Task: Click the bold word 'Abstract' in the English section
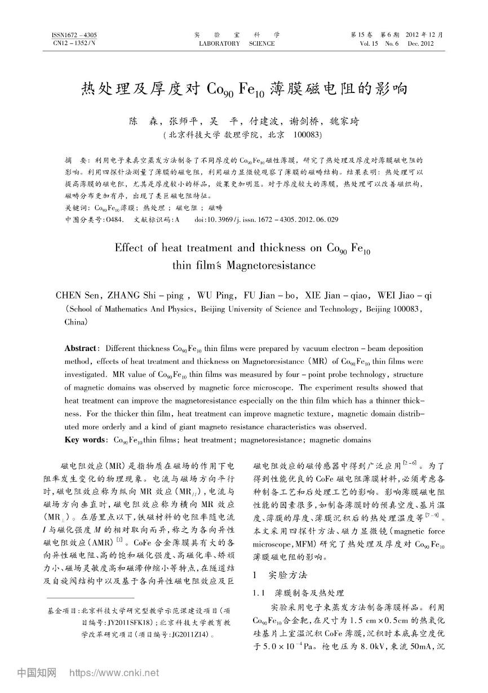tap(82, 349)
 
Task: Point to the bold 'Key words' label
tap(86, 440)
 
